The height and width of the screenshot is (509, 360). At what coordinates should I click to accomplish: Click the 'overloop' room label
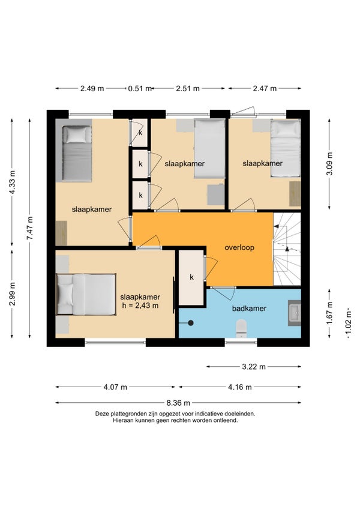pyautogui.click(x=239, y=248)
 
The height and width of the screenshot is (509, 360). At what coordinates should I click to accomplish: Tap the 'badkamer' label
pyautogui.click(x=249, y=309)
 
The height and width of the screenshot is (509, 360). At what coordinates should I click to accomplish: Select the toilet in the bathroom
pyautogui.click(x=241, y=328)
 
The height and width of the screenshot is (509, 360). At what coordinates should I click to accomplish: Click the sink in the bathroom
pyautogui.click(x=295, y=313)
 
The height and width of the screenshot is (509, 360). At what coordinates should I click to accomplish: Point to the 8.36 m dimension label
pyautogui.click(x=178, y=403)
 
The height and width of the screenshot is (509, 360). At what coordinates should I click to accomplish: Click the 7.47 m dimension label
pyautogui.click(x=30, y=228)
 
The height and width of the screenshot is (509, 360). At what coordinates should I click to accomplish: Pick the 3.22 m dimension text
pyautogui.click(x=254, y=367)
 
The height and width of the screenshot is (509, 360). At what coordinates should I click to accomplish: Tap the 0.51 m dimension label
pyautogui.click(x=140, y=88)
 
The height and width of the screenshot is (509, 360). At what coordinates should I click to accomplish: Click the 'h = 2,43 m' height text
pyautogui.click(x=140, y=306)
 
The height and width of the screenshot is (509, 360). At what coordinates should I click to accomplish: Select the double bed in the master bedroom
pyautogui.click(x=86, y=295)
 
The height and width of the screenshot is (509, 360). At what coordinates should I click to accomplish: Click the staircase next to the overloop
pyautogui.click(x=287, y=249)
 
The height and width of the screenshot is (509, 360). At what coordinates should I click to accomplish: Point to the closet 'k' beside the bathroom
pyautogui.click(x=191, y=277)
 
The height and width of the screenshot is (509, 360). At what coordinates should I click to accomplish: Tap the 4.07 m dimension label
pyautogui.click(x=115, y=387)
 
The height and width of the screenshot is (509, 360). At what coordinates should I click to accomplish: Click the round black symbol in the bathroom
pyautogui.click(x=191, y=323)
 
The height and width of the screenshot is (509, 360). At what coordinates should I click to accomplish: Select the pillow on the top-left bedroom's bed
pyautogui.click(x=77, y=134)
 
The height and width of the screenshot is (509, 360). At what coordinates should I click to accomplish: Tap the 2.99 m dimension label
pyautogui.click(x=12, y=294)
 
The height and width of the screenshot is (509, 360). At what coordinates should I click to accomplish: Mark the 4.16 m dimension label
pyautogui.click(x=239, y=387)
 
